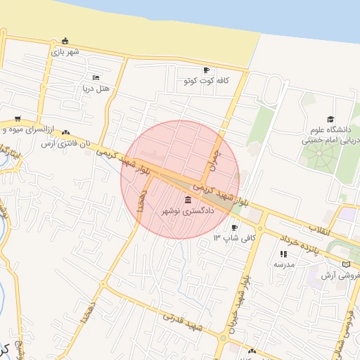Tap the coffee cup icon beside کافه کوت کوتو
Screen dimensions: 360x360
point(206,70)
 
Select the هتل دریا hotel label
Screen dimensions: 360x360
point(95,89)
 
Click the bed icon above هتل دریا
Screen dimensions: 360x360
point(96,77)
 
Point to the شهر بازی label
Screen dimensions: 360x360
point(65,51)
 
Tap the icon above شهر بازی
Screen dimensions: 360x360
point(65,40)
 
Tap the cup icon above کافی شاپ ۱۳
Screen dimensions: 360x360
point(234,227)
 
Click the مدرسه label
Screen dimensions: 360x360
point(283,265)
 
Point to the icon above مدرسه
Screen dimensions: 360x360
point(283,254)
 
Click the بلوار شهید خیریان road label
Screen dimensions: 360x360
point(239,299)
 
